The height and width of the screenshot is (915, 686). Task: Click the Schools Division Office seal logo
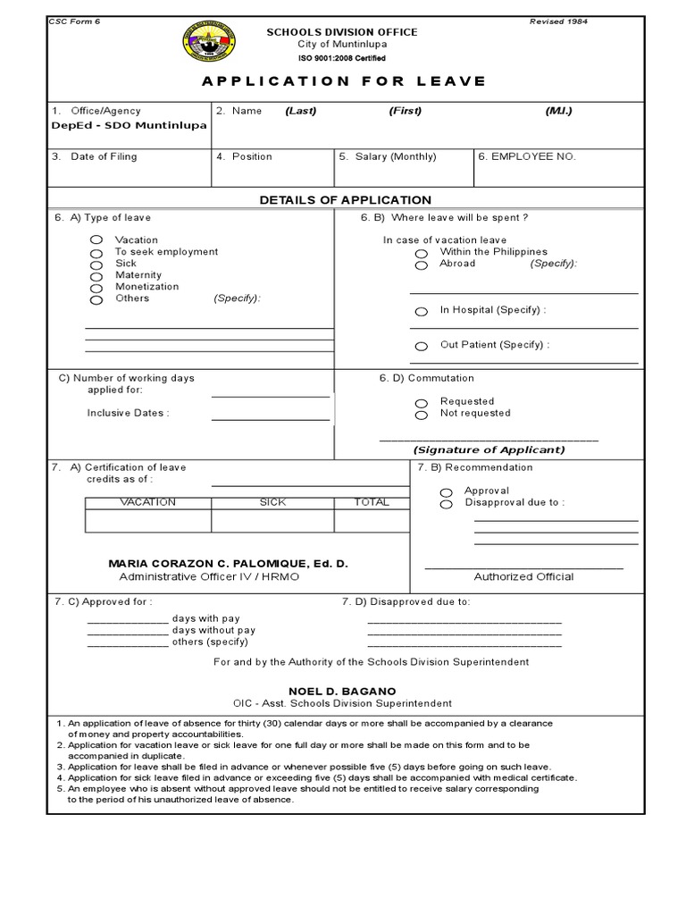point(209,42)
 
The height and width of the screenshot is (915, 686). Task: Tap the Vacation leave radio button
point(96,240)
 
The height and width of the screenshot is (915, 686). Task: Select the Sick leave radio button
point(96,264)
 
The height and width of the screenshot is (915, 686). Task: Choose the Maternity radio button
point(96,276)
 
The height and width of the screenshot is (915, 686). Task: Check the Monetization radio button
point(96,288)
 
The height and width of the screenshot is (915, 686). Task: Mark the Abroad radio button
point(421,264)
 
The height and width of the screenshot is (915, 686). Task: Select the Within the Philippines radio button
point(421,253)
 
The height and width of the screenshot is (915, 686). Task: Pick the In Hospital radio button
point(421,311)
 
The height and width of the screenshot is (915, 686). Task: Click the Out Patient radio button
point(421,346)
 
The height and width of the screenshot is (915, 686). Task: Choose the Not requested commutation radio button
point(421,415)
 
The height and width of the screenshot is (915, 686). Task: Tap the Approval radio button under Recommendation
point(446,491)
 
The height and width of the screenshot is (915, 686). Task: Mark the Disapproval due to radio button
point(446,504)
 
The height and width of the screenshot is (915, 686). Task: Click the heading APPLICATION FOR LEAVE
point(344,81)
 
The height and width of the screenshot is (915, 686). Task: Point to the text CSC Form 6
point(75,21)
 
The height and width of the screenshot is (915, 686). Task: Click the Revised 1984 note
point(559,21)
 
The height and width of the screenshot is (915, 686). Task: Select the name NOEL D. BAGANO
point(342,692)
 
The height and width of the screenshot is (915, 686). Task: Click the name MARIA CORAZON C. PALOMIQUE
point(227,565)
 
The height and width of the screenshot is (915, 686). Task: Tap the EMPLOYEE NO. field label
point(527,156)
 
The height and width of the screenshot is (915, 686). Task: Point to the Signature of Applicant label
point(489,450)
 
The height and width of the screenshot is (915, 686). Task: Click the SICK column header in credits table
point(272,502)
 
